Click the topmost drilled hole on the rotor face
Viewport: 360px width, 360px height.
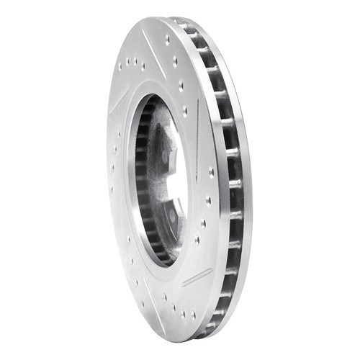pyautogui.click(x=168, y=41)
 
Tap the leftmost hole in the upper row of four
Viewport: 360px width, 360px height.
pyautogui.click(x=120, y=67)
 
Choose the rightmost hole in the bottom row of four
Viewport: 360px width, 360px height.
pyautogui.click(x=193, y=315)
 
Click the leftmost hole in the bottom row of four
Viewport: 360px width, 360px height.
pyautogui.click(x=165, y=296)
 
